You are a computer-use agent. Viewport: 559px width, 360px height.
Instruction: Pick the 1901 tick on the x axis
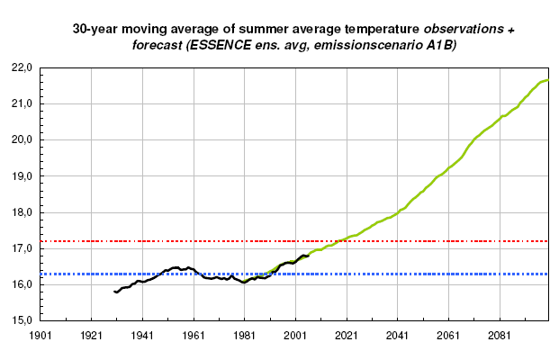[40, 336]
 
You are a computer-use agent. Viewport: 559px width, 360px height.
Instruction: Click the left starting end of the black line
[114, 292]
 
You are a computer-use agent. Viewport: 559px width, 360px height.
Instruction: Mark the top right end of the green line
[547, 81]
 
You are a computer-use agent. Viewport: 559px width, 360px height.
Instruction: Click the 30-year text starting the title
[95, 29]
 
